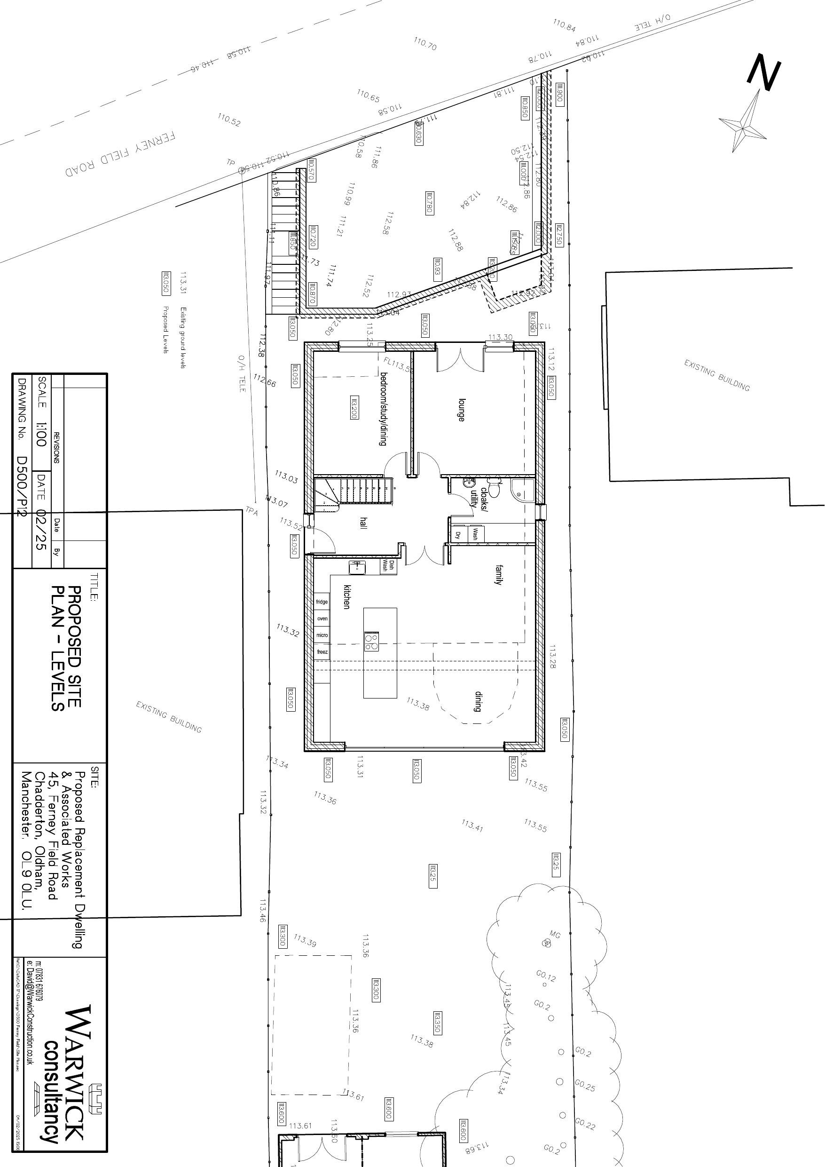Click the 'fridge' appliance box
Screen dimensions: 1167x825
322,602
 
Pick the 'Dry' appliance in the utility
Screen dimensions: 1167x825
458,535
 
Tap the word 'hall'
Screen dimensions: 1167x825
363,524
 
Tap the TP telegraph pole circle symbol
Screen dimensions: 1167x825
241,171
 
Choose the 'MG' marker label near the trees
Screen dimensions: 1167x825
555,933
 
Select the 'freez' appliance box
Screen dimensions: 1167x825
322,651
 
